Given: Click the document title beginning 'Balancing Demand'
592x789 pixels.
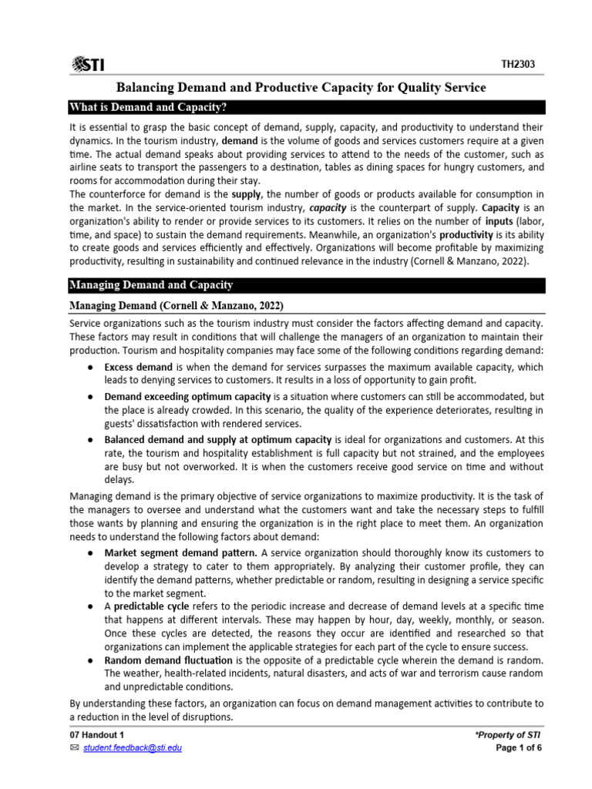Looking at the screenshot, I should tap(301, 88).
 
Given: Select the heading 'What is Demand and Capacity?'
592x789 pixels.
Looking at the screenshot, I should tap(150, 107).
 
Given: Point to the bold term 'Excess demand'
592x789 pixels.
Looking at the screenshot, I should tap(139, 367).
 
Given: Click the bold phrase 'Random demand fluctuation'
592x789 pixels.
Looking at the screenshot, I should tap(168, 660).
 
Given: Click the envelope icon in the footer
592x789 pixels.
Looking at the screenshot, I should tap(74, 748).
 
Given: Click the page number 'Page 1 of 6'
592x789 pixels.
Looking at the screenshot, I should tap(520, 748).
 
